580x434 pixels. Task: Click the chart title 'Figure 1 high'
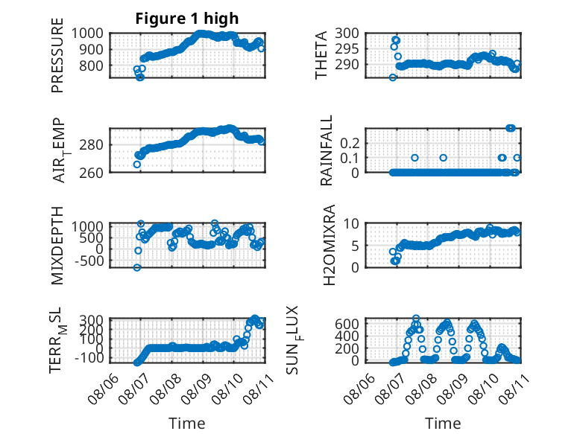pyautogui.click(x=187, y=19)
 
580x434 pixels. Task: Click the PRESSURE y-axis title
pyautogui.click(x=57, y=55)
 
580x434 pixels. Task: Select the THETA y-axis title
pyautogui.click(x=321, y=55)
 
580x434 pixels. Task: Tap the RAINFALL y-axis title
pyautogui.click(x=327, y=150)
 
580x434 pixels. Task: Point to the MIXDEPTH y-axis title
pyautogui.click(x=57, y=246)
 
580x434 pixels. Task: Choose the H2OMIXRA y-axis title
pyautogui.click(x=329, y=245)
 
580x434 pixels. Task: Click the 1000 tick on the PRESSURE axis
pyautogui.click(x=87, y=33)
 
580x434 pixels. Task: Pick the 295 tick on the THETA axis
pyautogui.click(x=347, y=48)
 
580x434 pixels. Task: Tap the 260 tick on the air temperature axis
pyautogui.click(x=92, y=173)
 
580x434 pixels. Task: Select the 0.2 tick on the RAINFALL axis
pyautogui.click(x=350, y=143)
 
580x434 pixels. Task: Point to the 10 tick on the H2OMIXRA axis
pyautogui.click(x=352, y=223)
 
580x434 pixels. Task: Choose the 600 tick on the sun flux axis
pyautogui.click(x=347, y=324)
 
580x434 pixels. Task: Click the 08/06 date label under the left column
pyautogui.click(x=104, y=389)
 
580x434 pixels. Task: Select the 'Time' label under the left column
pyautogui.click(x=187, y=424)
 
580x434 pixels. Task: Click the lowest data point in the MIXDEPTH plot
pyautogui.click(x=137, y=267)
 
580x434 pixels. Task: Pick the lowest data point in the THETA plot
pyautogui.click(x=393, y=77)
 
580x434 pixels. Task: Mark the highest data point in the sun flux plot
pyautogui.click(x=416, y=318)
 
